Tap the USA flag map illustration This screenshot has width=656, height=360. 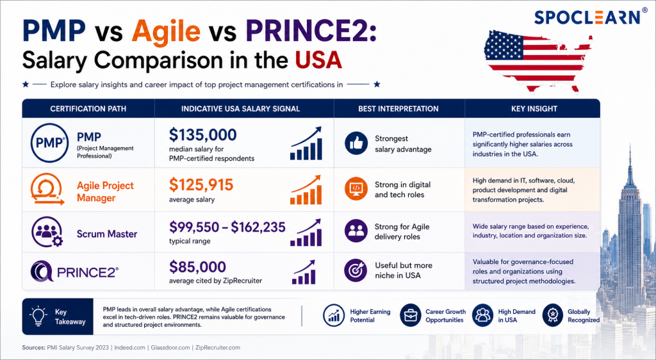(x=538, y=60)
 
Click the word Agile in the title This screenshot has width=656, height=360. (x=166, y=31)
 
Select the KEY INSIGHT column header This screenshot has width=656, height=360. (x=534, y=109)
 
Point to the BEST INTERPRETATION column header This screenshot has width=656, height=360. (x=398, y=109)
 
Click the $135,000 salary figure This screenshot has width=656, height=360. (x=203, y=135)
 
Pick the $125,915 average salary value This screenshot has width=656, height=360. (x=201, y=184)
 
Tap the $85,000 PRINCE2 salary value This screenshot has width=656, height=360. (x=197, y=266)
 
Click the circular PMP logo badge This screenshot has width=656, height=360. (x=49, y=143)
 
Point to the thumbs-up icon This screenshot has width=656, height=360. (x=356, y=143)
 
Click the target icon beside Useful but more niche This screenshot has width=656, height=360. (x=356, y=270)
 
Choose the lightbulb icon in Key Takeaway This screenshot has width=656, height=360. (x=38, y=316)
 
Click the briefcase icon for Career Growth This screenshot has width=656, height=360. (x=411, y=315)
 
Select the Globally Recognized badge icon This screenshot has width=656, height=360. (x=553, y=315)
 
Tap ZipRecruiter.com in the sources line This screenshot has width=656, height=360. (x=218, y=347)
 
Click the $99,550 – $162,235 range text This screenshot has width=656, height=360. (x=227, y=227)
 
